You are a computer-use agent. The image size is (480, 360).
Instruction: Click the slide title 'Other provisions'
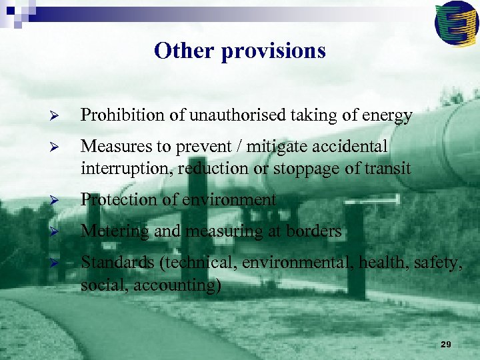point(239,51)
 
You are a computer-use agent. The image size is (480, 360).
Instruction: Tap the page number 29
point(446,344)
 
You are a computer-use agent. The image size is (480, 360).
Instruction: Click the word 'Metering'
point(111,231)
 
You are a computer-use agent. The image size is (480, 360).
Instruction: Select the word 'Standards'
point(117,263)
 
